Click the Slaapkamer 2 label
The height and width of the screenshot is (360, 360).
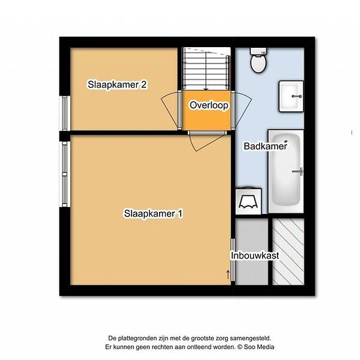tap(117, 84)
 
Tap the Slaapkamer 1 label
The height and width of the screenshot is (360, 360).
tap(153, 213)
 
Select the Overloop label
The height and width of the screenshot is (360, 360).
tap(209, 105)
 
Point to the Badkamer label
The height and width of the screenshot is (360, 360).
tap(265, 146)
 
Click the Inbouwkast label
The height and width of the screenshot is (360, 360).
tap(255, 255)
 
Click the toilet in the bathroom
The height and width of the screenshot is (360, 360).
tap(259, 60)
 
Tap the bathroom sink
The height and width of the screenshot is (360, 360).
tap(291, 96)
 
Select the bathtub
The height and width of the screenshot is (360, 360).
tap(286, 171)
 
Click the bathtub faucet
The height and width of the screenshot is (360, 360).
tap(298, 171)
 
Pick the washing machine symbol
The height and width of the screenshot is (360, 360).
tap(249, 202)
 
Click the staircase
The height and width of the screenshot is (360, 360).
tap(206, 69)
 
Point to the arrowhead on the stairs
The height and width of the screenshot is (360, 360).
tap(206, 89)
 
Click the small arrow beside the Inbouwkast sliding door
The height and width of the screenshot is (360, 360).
tap(228, 274)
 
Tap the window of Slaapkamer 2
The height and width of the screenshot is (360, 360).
tap(65, 113)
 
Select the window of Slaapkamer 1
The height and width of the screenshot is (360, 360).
tap(65, 174)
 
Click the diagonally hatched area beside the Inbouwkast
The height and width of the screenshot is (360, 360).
tap(288, 251)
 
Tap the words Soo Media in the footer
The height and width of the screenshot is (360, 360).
tap(259, 347)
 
